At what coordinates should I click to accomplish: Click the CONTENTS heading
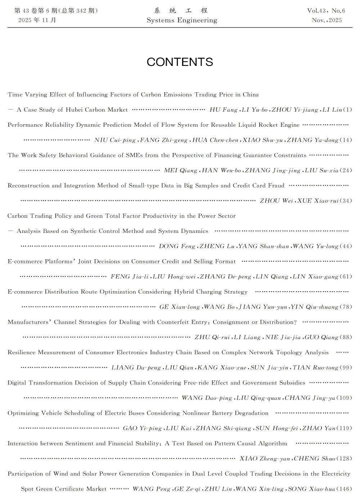(180, 62)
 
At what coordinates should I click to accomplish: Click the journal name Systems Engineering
(182, 21)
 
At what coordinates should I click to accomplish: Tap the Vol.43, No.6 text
(326, 11)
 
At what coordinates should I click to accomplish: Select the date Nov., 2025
(327, 21)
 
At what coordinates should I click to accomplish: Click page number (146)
(345, 489)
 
